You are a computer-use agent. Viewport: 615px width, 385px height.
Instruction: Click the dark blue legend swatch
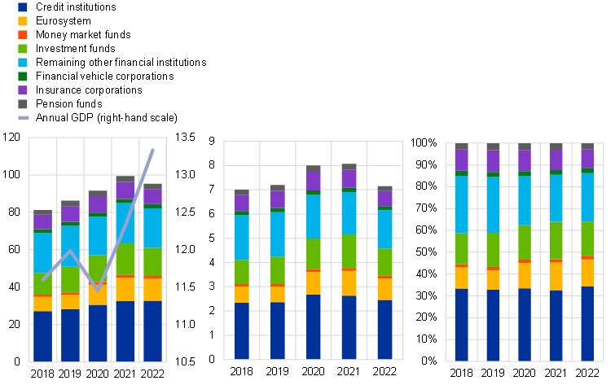[x=23, y=7]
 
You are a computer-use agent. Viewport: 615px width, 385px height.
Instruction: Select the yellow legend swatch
[x=23, y=21]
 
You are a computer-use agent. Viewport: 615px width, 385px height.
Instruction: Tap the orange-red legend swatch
[x=23, y=35]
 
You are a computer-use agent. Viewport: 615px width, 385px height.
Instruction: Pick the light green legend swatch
[x=23, y=49]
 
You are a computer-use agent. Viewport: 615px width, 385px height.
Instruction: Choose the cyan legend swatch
[x=23, y=63]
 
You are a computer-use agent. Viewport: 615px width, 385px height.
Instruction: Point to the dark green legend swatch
[x=23, y=77]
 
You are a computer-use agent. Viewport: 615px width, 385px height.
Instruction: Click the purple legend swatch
[x=23, y=90]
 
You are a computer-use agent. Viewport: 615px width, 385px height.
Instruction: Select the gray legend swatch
[x=23, y=104]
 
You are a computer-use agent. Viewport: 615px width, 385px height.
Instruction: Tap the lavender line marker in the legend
[x=24, y=118]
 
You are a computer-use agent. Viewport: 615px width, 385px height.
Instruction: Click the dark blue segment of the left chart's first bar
[x=42, y=335]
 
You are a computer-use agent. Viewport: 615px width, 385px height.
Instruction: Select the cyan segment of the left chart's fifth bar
[x=152, y=228]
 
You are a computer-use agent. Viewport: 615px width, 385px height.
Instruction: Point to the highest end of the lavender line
[x=153, y=150]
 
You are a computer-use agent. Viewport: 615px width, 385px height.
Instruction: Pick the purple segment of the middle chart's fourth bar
[x=349, y=179]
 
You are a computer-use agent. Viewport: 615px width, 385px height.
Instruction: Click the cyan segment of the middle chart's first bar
[x=242, y=238]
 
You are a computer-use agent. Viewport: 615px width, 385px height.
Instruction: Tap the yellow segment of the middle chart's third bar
[x=314, y=283]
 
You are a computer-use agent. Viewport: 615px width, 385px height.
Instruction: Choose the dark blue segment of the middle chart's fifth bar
[x=385, y=329]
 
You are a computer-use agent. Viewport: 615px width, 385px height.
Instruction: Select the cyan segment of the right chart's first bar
[x=462, y=204]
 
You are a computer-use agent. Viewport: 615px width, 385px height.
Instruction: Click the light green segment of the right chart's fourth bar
[x=556, y=241]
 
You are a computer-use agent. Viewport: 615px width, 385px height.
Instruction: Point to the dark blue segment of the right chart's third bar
[x=525, y=324]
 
